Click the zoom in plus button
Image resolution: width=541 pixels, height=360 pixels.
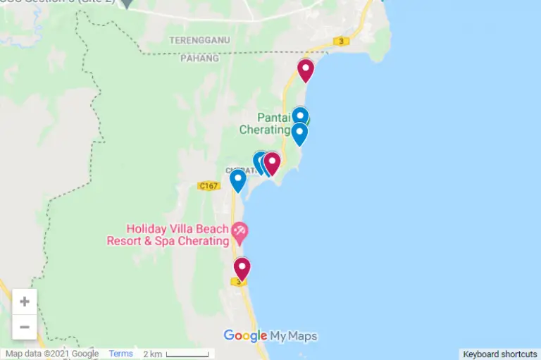(x=25, y=302)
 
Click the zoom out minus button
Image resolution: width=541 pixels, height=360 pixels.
(x=25, y=327)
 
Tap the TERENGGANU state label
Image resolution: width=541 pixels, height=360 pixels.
(x=199, y=40)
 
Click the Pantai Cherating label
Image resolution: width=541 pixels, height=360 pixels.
(x=266, y=123)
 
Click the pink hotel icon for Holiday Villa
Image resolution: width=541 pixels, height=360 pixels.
(x=240, y=231)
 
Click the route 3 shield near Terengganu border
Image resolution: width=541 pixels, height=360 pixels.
(x=342, y=42)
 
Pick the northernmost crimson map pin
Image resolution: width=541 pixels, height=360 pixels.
(x=305, y=70)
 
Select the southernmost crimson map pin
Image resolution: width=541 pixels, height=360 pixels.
(x=242, y=268)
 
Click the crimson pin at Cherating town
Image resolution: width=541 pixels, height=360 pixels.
(x=272, y=163)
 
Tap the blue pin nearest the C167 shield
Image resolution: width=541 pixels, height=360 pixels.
(x=238, y=180)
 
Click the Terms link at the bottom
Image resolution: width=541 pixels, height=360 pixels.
(x=120, y=354)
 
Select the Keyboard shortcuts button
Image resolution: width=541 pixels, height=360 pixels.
(x=500, y=354)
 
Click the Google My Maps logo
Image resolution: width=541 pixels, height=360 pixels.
(x=270, y=336)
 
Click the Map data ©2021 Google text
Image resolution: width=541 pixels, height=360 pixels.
(x=52, y=354)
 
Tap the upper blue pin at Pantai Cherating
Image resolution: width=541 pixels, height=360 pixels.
(x=300, y=116)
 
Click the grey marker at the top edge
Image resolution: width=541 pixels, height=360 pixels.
(x=127, y=3)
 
